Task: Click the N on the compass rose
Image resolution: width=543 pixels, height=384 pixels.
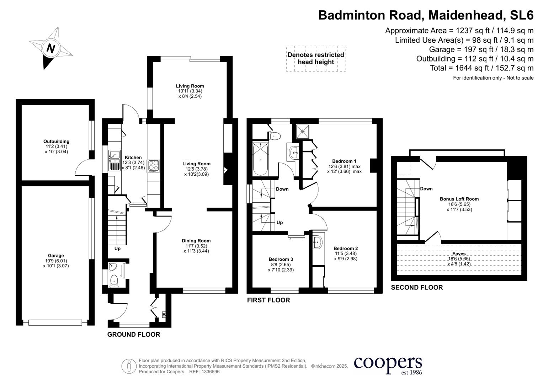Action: tap(51, 48)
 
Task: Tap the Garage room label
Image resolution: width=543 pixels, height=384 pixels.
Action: tap(56, 256)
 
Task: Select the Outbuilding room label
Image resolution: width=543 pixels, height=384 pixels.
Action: tap(56, 142)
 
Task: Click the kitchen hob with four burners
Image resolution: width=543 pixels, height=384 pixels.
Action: tap(154, 166)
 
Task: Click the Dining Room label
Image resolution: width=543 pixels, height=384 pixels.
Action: tap(196, 241)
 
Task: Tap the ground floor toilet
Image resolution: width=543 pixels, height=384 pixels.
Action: tap(114, 280)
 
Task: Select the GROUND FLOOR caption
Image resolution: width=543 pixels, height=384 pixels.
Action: tap(134, 335)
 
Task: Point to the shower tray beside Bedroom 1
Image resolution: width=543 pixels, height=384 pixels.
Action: tap(303, 131)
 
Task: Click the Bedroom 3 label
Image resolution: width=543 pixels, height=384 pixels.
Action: tap(281, 259)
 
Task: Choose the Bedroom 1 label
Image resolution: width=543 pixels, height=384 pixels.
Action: tap(344, 161)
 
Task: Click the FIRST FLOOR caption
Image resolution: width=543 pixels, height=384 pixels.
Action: tap(268, 300)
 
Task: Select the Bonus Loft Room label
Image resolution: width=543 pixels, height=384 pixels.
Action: tap(459, 199)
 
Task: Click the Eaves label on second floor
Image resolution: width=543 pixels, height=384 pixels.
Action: tap(459, 254)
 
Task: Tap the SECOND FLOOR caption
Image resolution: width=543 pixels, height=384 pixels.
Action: tap(417, 288)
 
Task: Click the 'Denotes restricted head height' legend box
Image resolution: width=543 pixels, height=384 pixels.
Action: tap(316, 59)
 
